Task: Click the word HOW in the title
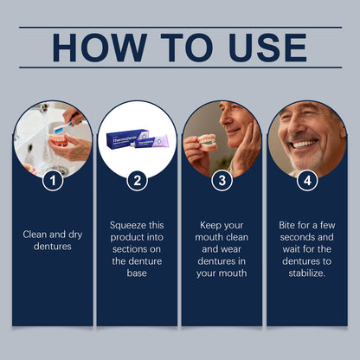coord(88,48)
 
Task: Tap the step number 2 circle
coord(137,182)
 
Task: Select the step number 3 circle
coord(222,182)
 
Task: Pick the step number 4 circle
coord(306,182)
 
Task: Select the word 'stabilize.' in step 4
coord(306,272)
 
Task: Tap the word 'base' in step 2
coord(137,272)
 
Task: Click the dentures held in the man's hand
coord(207,142)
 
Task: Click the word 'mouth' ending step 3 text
coord(222,272)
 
